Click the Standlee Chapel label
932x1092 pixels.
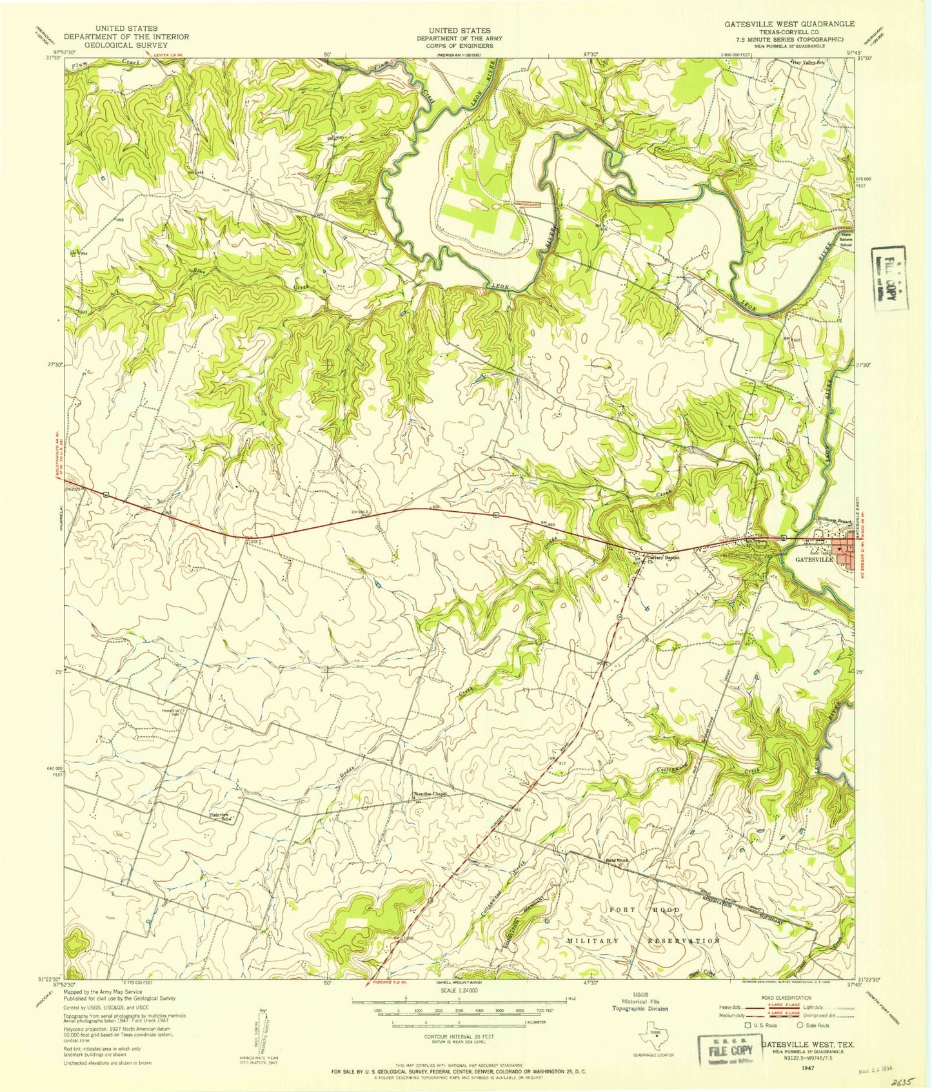tap(430, 794)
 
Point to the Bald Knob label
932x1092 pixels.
tap(617, 859)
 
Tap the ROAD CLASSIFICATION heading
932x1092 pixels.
tap(789, 998)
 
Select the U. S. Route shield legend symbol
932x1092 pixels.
tap(748, 1024)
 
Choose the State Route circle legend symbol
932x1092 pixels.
tap(800, 1024)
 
